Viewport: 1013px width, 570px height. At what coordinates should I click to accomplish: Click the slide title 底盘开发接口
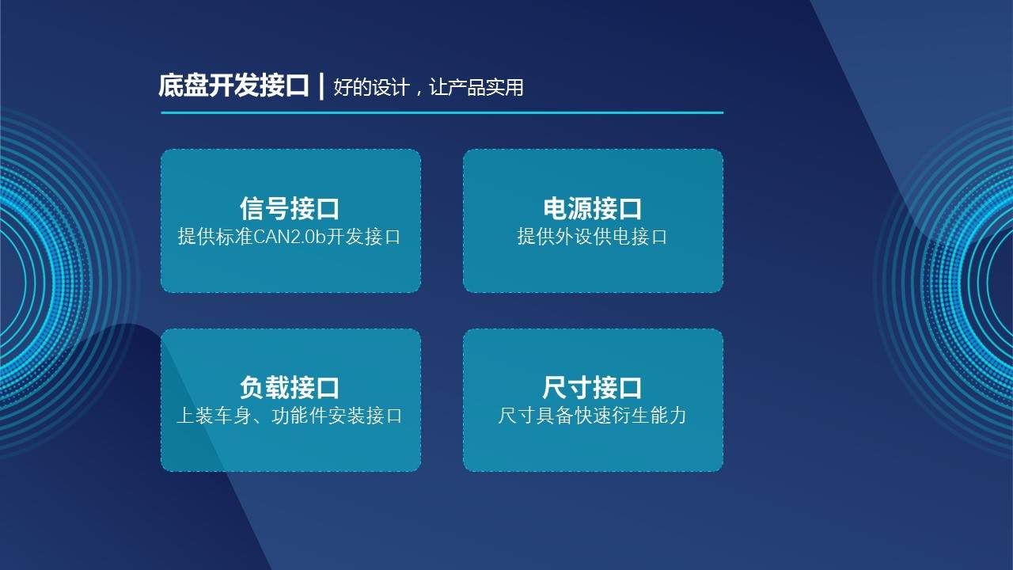pyautogui.click(x=233, y=85)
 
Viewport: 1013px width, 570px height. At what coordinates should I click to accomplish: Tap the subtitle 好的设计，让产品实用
pyautogui.click(x=428, y=87)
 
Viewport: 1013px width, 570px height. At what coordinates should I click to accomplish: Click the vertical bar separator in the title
pyautogui.click(x=321, y=85)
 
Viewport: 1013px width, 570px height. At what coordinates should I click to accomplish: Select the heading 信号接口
pyautogui.click(x=290, y=209)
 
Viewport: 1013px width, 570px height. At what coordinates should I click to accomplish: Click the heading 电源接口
pyautogui.click(x=592, y=209)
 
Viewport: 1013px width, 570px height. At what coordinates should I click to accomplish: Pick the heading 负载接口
pyautogui.click(x=290, y=388)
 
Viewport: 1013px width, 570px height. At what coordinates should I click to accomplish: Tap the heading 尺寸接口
pyautogui.click(x=592, y=388)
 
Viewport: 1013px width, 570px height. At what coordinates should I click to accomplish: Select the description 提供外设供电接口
pyautogui.click(x=592, y=237)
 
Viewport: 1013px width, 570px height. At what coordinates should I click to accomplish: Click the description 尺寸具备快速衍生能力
pyautogui.click(x=592, y=415)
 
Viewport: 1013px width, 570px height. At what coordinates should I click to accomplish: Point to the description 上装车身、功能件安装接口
pyautogui.click(x=290, y=415)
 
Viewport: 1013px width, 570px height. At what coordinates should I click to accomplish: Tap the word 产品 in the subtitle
pyautogui.click(x=467, y=87)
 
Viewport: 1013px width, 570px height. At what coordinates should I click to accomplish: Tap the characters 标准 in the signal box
pyautogui.click(x=233, y=237)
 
